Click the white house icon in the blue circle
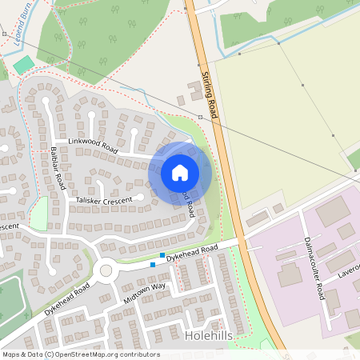click(180, 172)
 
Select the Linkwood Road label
click(93, 146)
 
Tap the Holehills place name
click(209, 336)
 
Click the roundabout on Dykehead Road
click(106, 270)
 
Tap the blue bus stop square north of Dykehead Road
click(162, 255)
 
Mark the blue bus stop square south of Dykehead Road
click(153, 264)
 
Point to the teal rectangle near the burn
click(25, 64)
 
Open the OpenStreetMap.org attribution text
click(80, 354)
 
